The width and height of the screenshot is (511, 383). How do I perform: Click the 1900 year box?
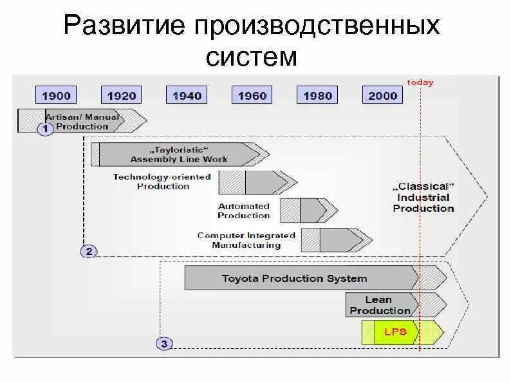coord(57,96)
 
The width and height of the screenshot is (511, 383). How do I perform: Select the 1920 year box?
coord(122,96)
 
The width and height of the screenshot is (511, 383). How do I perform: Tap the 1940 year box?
coord(187,96)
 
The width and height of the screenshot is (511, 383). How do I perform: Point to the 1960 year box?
coord(252,96)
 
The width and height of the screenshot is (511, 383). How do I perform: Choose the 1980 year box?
coord(318,96)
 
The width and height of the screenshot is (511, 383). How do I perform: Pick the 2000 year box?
coord(383,96)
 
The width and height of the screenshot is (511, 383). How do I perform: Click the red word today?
coord(420,82)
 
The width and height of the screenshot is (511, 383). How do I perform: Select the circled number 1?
coord(45,129)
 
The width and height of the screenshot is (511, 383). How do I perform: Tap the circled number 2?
coord(88,251)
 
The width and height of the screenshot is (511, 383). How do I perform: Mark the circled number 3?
coord(164,344)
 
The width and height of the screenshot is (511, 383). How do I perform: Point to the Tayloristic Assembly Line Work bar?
coord(179,154)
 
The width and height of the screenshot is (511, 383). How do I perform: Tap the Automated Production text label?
coord(243,211)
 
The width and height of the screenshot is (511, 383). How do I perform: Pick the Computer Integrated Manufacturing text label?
coord(246,240)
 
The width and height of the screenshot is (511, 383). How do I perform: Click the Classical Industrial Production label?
coord(423,197)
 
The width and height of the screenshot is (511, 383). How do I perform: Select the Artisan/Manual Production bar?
coord(80,121)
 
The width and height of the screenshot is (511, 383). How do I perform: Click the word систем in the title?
coord(252,57)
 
